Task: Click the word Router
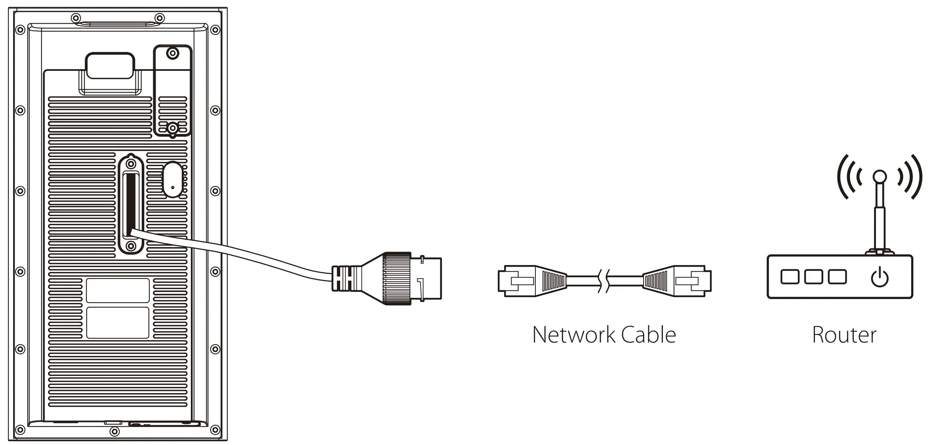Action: pyautogui.click(x=844, y=335)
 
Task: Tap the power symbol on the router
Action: pyautogui.click(x=880, y=277)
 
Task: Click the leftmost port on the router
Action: pyautogui.click(x=789, y=277)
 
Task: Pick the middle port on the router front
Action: pyautogui.click(x=813, y=277)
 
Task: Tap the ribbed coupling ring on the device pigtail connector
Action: pyautogui.click(x=397, y=279)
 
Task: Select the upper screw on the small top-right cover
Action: pyautogui.click(x=172, y=53)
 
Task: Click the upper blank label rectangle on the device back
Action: pyautogui.click(x=118, y=291)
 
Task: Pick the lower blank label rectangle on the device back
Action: pyautogui.click(x=118, y=323)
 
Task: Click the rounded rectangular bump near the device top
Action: pyautogui.click(x=110, y=66)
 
